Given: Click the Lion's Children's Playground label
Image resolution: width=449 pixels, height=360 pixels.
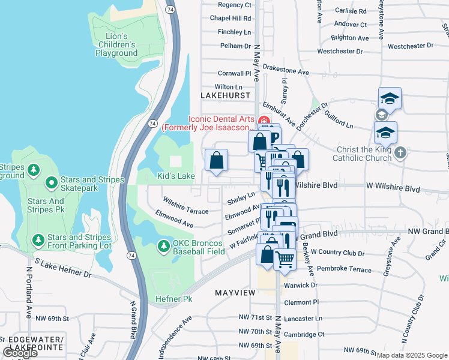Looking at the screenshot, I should (x=116, y=44).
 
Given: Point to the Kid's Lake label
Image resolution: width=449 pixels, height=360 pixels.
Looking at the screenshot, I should (x=176, y=176).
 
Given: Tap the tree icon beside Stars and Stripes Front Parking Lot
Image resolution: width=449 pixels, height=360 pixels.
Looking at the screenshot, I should (x=38, y=241).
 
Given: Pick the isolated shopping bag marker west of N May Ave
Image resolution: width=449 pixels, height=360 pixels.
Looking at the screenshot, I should (x=217, y=160).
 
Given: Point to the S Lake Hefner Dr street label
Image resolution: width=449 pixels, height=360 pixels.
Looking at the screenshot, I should (x=63, y=268).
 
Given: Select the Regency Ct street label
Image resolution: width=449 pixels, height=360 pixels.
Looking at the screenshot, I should (x=234, y=5).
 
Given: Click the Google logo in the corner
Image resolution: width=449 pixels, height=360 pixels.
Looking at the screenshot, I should (x=20, y=353).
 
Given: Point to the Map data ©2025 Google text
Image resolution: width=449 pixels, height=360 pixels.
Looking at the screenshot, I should (x=411, y=355).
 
